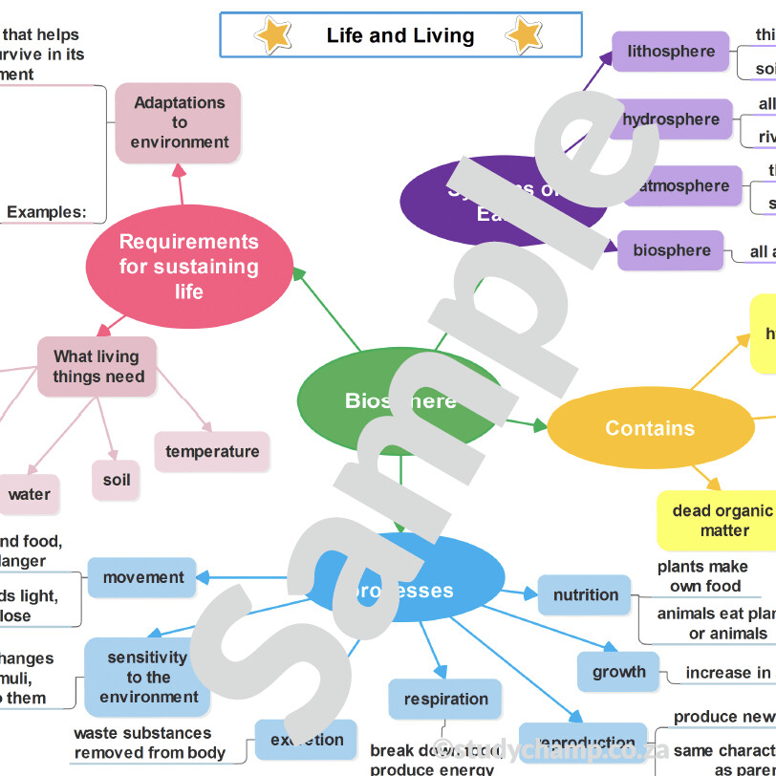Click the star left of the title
coord(273,35)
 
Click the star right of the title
coord(524,35)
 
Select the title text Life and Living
coord(400,36)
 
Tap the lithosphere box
coord(671,52)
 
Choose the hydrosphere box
coord(671,119)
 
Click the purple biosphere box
coord(671,250)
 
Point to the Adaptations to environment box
coord(179,122)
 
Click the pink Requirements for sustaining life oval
coord(189,267)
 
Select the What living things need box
coord(98,367)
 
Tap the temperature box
coord(212,452)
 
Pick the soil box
coord(117,480)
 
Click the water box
coord(30,495)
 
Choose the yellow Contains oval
coord(650,428)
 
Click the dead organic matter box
coord(723,521)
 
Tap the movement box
coord(143,578)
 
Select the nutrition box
coord(585,595)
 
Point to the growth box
coord(618,672)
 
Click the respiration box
coord(445,700)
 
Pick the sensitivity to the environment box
coord(147,678)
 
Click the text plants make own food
coord(704,576)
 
